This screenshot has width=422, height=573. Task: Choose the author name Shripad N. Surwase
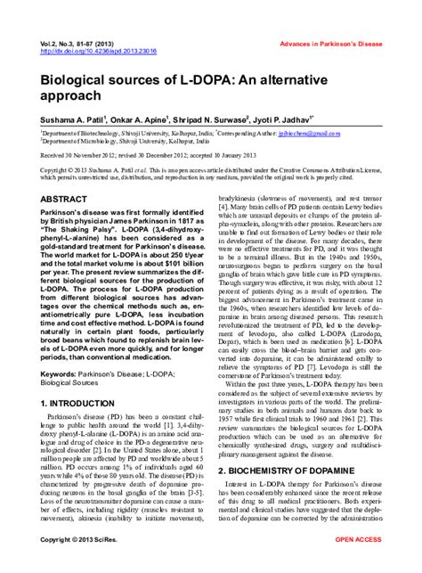229,117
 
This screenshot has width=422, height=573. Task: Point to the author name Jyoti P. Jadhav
308,117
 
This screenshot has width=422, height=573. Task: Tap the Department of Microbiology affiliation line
134,140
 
